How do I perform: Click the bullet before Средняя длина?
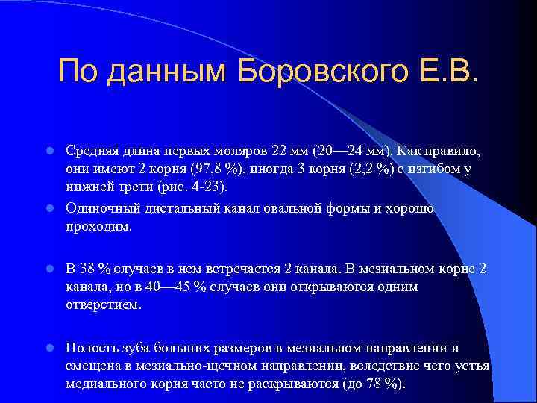(x=49, y=151)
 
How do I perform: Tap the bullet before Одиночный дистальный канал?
(x=49, y=208)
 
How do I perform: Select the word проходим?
(x=98, y=226)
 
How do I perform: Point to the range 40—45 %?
(x=187, y=287)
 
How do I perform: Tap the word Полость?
(x=90, y=348)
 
